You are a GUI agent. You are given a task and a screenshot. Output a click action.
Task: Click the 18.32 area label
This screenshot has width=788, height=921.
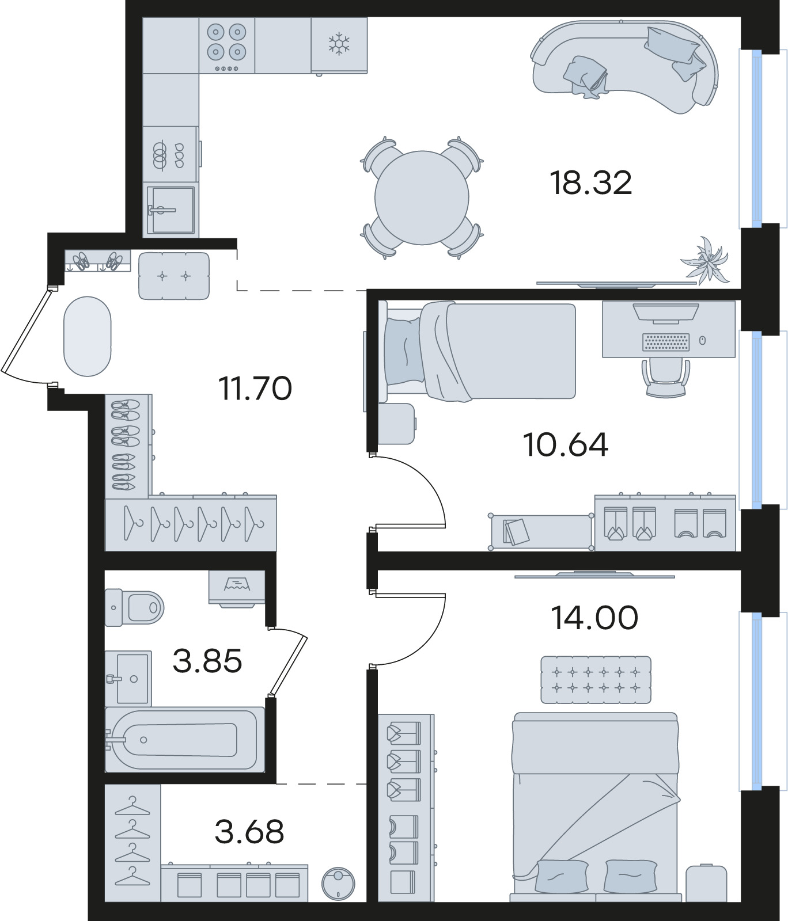tap(591, 183)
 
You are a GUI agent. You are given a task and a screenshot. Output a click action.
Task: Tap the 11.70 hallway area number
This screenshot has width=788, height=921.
tap(255, 388)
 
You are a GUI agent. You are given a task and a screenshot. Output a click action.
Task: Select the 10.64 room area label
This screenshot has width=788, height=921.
tap(565, 444)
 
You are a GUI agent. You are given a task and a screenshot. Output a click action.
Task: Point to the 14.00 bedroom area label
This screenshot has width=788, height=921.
tap(594, 618)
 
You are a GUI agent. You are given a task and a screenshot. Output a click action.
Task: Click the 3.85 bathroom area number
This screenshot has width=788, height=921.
tap(207, 661)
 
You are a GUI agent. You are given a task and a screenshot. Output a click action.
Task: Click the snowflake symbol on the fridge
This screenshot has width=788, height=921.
tap(339, 44)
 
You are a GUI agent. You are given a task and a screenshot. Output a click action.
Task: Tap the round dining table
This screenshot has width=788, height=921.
tap(422, 198)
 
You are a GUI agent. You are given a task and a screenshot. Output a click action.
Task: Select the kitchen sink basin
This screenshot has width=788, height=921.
tap(171, 210)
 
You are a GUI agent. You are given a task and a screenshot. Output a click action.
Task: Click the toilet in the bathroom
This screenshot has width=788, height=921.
tap(135, 607)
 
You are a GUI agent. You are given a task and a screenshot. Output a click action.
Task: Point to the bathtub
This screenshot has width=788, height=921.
tap(184, 740)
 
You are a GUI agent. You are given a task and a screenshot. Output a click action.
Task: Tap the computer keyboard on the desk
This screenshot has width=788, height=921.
tap(666, 341)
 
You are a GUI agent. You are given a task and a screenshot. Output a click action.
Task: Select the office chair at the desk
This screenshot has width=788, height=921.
tap(666, 378)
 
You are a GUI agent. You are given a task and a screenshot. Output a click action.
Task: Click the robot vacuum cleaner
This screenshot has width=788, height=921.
tap(338, 884)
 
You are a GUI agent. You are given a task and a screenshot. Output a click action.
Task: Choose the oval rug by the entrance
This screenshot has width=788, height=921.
tap(87, 336)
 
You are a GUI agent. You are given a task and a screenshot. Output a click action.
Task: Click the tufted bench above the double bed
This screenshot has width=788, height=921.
tap(596, 680)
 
